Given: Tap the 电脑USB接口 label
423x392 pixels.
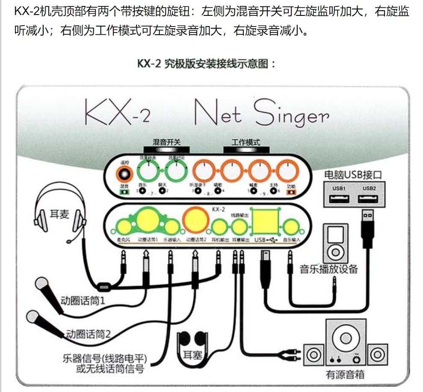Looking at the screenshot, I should tap(353, 175).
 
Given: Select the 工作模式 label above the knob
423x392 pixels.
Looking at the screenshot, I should tap(246, 142).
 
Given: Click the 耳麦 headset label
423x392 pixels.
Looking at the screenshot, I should tap(58, 214).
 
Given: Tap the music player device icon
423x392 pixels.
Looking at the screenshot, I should tap(335, 243).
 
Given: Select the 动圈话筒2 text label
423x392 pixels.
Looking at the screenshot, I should tap(88, 333).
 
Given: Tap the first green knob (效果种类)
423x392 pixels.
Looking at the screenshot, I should tap(148, 172).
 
